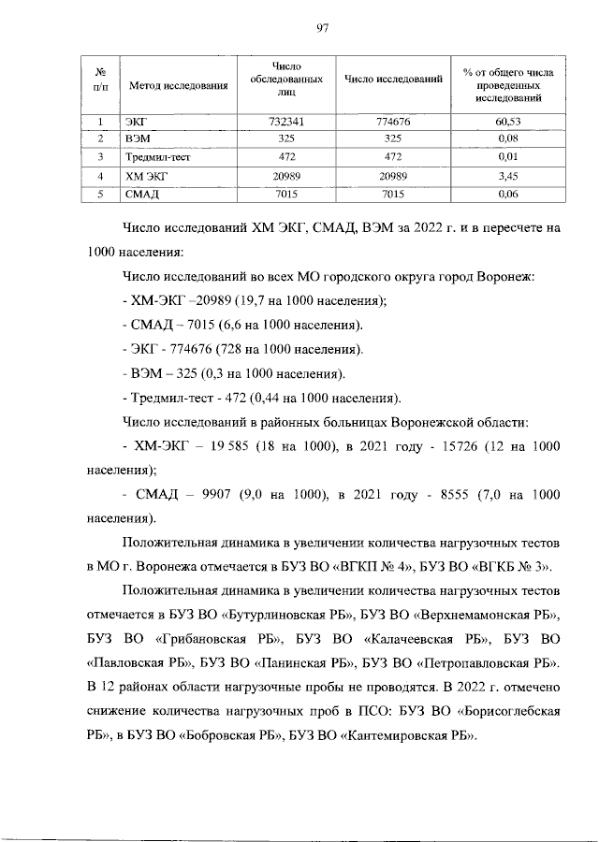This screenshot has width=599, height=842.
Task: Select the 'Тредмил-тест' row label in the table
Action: point(152,157)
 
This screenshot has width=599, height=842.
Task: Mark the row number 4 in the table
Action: point(99,175)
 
